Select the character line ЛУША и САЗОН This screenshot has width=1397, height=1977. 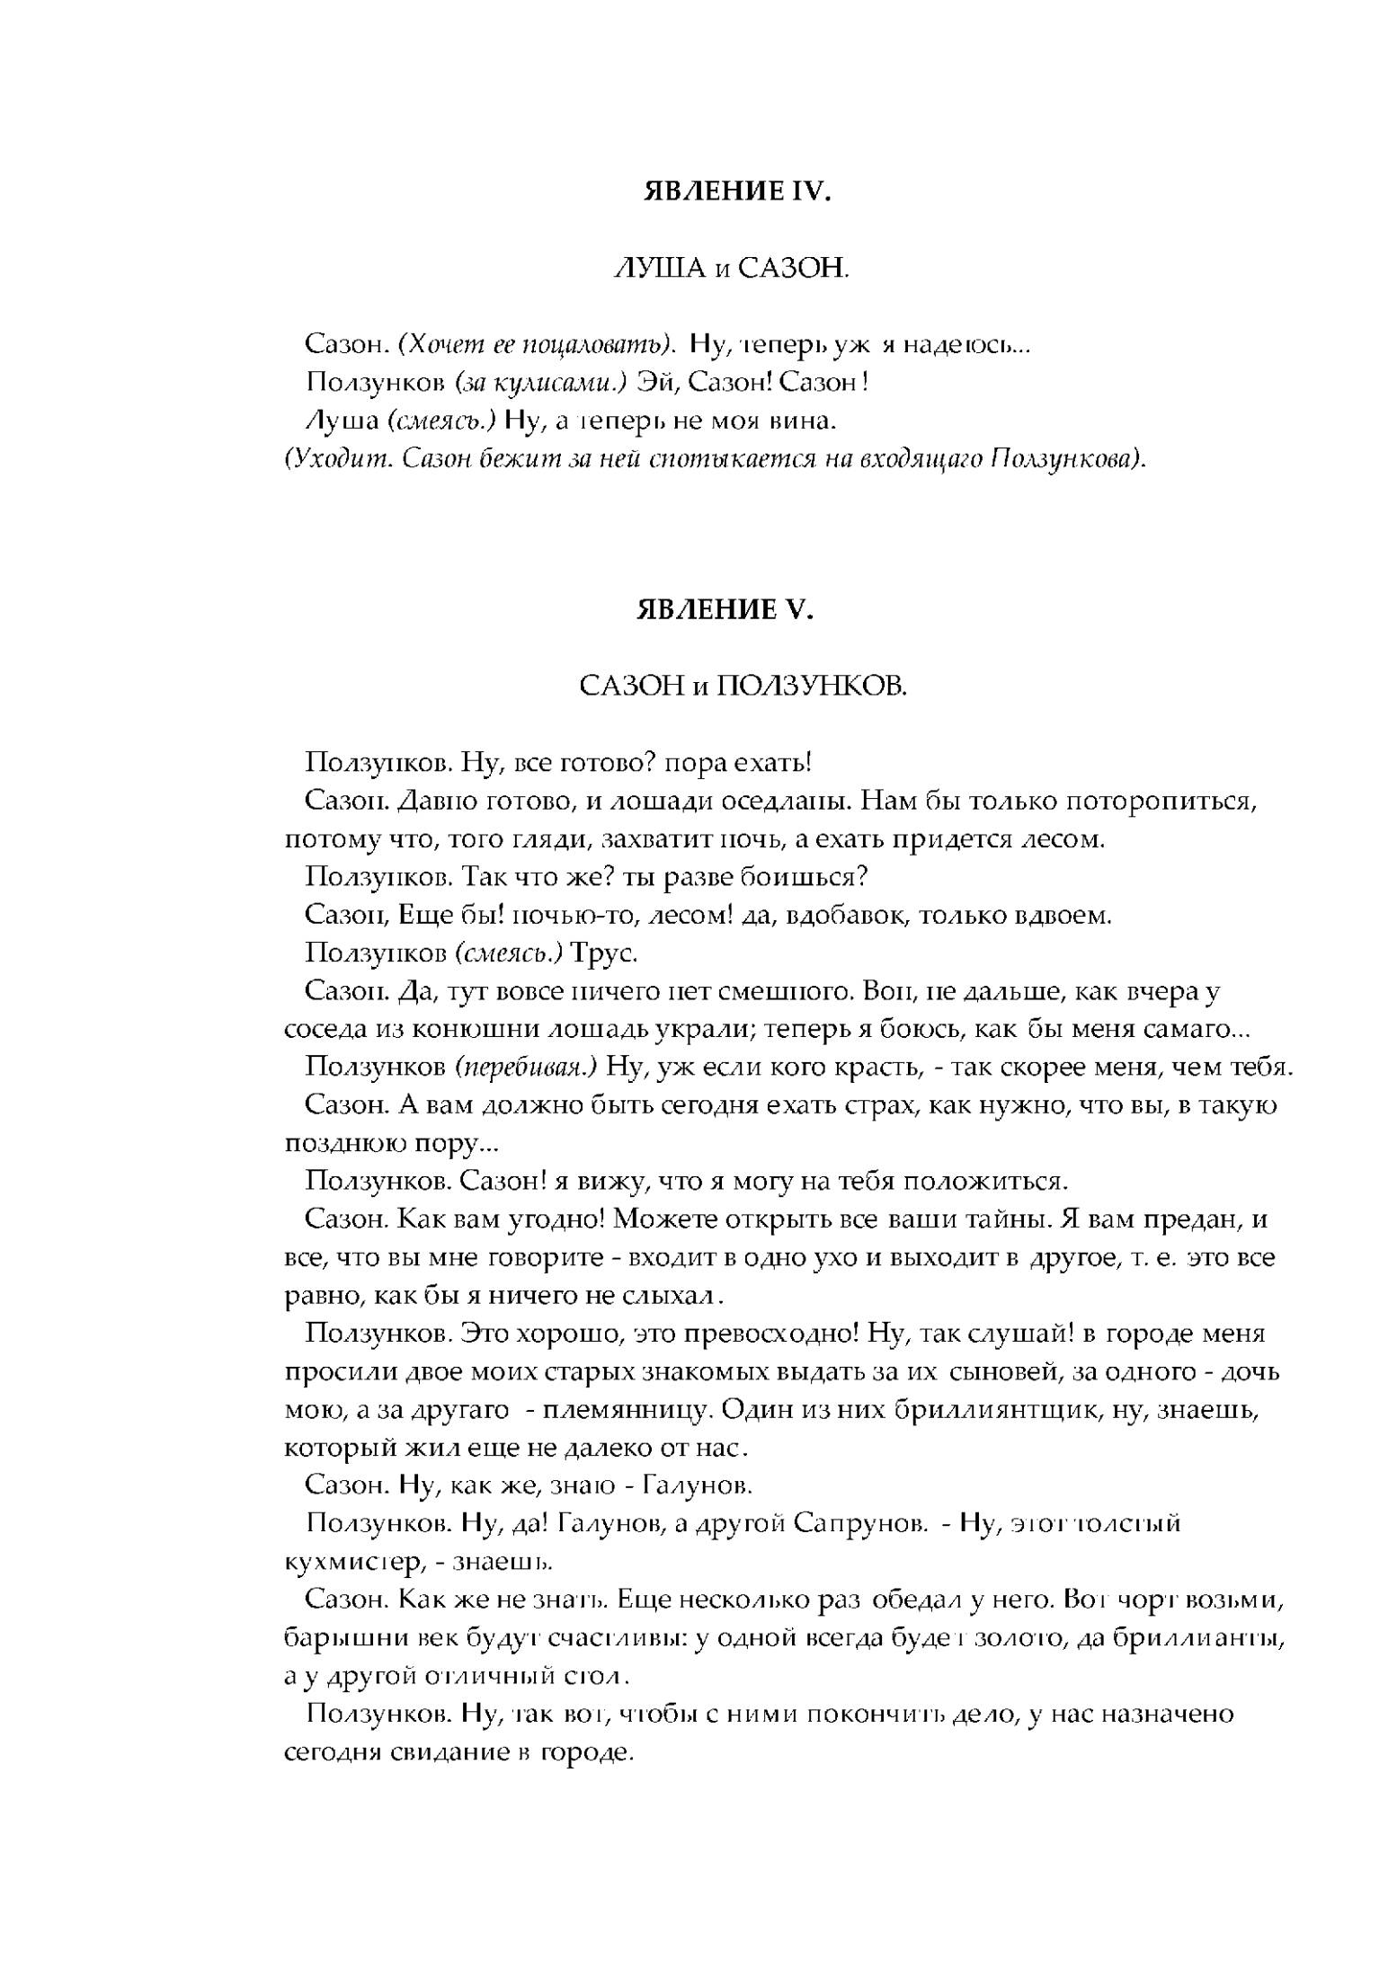(x=730, y=268)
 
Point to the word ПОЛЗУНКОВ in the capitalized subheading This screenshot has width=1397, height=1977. (x=812, y=687)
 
